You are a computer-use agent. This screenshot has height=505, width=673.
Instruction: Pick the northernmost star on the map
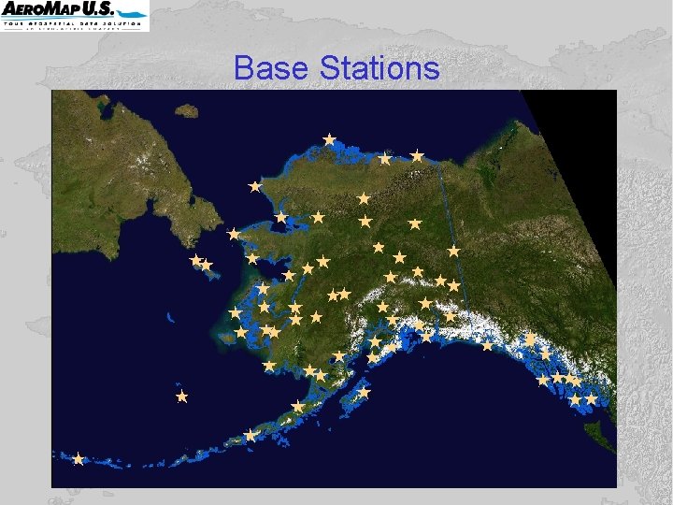pyautogui.click(x=329, y=139)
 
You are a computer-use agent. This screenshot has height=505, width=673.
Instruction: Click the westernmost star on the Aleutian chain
pyautogui.click(x=79, y=458)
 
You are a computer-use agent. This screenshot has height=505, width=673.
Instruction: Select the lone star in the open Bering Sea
pyautogui.click(x=182, y=397)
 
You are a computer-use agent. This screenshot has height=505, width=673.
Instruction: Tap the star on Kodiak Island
pyautogui.click(x=364, y=393)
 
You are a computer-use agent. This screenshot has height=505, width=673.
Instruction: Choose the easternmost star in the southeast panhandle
pyautogui.click(x=591, y=398)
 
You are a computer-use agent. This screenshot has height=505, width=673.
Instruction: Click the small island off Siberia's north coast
pyautogui.click(x=187, y=110)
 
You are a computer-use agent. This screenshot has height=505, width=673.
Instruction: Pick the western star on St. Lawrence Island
pyautogui.click(x=195, y=260)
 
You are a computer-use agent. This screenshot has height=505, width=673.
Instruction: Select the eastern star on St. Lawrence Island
pyautogui.click(x=207, y=266)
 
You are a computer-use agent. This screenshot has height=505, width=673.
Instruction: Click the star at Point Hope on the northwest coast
pyautogui.click(x=254, y=186)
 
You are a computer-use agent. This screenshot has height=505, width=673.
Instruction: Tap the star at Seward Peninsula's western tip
pyautogui.click(x=233, y=234)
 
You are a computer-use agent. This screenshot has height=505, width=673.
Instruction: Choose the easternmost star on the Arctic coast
pyautogui.click(x=417, y=156)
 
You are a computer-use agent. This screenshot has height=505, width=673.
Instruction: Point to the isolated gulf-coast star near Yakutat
pyautogui.click(x=487, y=345)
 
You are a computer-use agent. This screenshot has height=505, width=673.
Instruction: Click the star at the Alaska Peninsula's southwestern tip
pyautogui.click(x=250, y=435)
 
